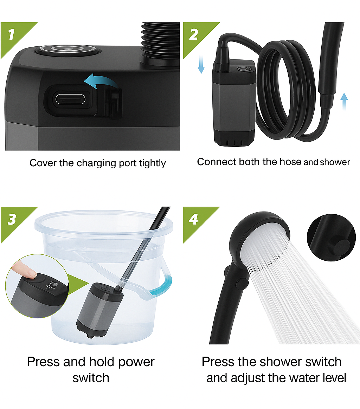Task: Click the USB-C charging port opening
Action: coord(70,99)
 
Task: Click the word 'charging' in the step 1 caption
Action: coord(97,163)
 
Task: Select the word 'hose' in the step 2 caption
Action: coord(290,162)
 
